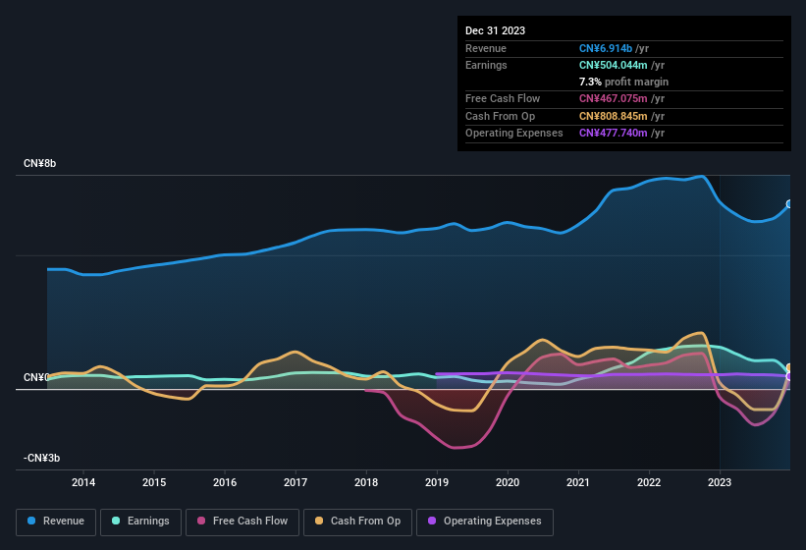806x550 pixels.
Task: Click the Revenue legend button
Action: [56, 522]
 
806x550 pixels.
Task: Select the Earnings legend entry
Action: [140, 522]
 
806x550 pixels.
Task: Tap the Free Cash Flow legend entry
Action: [242, 522]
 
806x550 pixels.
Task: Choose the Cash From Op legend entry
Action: [357, 522]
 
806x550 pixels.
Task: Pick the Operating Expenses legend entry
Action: [484, 522]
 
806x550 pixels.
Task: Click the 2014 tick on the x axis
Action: [83, 482]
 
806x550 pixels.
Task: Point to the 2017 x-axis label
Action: [296, 482]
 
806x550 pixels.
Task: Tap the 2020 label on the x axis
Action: [508, 482]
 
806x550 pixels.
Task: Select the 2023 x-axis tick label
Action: [720, 482]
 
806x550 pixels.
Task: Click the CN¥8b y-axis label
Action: [40, 163]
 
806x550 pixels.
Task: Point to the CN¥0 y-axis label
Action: [37, 378]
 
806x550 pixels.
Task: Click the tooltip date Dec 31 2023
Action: [495, 30]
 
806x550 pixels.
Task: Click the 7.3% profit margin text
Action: [623, 82]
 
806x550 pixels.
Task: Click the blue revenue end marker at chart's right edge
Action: [789, 204]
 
